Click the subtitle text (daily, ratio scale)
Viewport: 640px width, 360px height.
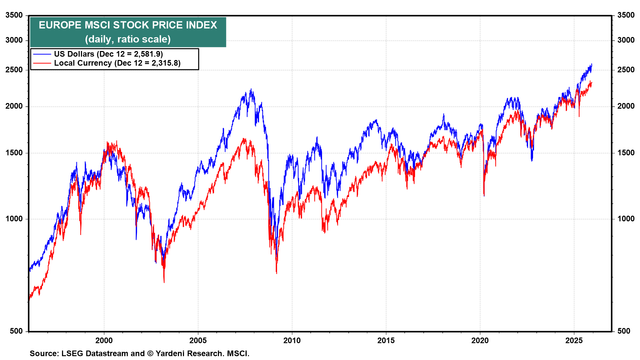click(128, 39)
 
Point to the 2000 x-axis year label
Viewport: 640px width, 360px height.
click(104, 340)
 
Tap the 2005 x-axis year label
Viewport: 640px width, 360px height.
click(198, 340)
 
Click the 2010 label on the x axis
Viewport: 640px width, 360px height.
click(292, 340)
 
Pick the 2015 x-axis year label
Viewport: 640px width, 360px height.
click(386, 340)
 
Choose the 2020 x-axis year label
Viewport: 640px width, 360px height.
click(480, 340)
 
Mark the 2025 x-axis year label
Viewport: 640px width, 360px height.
click(574, 340)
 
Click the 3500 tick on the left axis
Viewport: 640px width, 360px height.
click(14, 15)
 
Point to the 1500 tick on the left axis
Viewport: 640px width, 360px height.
click(14, 153)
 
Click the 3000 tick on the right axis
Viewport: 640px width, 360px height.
click(626, 40)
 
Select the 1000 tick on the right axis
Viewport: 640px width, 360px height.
click(626, 219)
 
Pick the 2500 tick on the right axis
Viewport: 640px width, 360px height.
click(626, 70)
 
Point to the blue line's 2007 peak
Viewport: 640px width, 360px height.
click(251, 89)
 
